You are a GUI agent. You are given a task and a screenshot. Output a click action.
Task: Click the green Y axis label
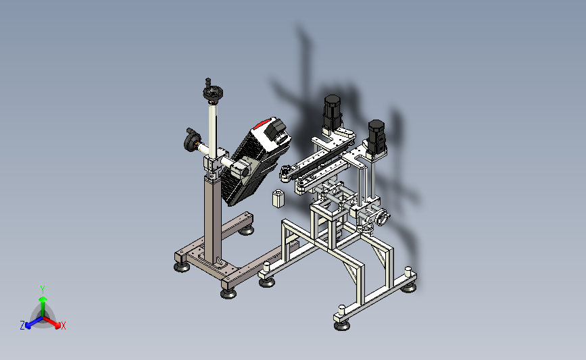43,290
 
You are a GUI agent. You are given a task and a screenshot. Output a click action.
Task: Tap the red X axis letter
63,326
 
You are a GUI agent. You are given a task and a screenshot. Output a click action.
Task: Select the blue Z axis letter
22,326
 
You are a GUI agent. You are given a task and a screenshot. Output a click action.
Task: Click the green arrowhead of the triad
43,299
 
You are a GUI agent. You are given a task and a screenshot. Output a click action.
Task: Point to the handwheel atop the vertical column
213,93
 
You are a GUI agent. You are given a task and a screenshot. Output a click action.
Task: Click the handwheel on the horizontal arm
193,141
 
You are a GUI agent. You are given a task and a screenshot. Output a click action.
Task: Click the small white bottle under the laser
278,198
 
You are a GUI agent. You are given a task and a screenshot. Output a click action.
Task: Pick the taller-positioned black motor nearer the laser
333,111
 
